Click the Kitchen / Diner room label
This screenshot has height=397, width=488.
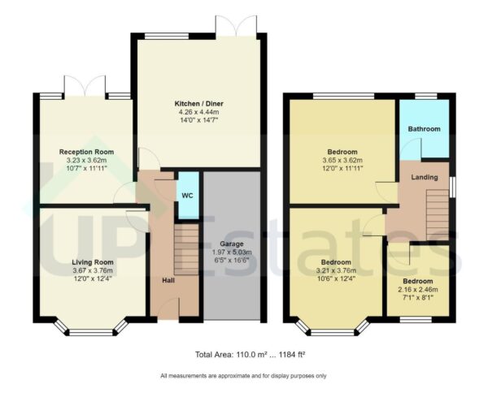199,104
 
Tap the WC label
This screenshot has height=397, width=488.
186,196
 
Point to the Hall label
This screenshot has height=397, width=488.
168,280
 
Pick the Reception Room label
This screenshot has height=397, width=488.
86,152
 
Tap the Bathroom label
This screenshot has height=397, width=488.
424,129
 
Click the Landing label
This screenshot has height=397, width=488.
425,177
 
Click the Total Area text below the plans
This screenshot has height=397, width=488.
244,355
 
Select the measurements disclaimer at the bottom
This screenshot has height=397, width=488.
244,376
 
